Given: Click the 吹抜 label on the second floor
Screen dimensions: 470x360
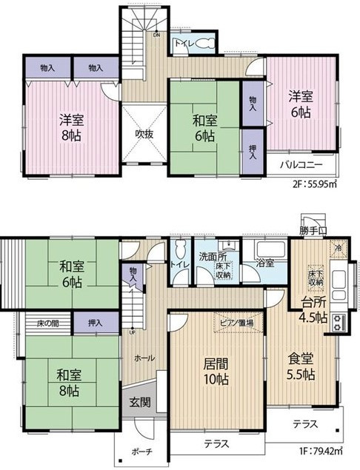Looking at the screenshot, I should [x=144, y=135].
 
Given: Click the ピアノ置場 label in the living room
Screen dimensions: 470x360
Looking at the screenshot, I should [x=236, y=323].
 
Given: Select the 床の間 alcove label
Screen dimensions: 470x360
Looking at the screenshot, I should [x=48, y=323].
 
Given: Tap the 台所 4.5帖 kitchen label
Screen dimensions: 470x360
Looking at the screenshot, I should [x=313, y=309].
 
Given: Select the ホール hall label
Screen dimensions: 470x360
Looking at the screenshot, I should [x=144, y=358].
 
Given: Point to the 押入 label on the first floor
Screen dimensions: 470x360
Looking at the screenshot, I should [x=95, y=323].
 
